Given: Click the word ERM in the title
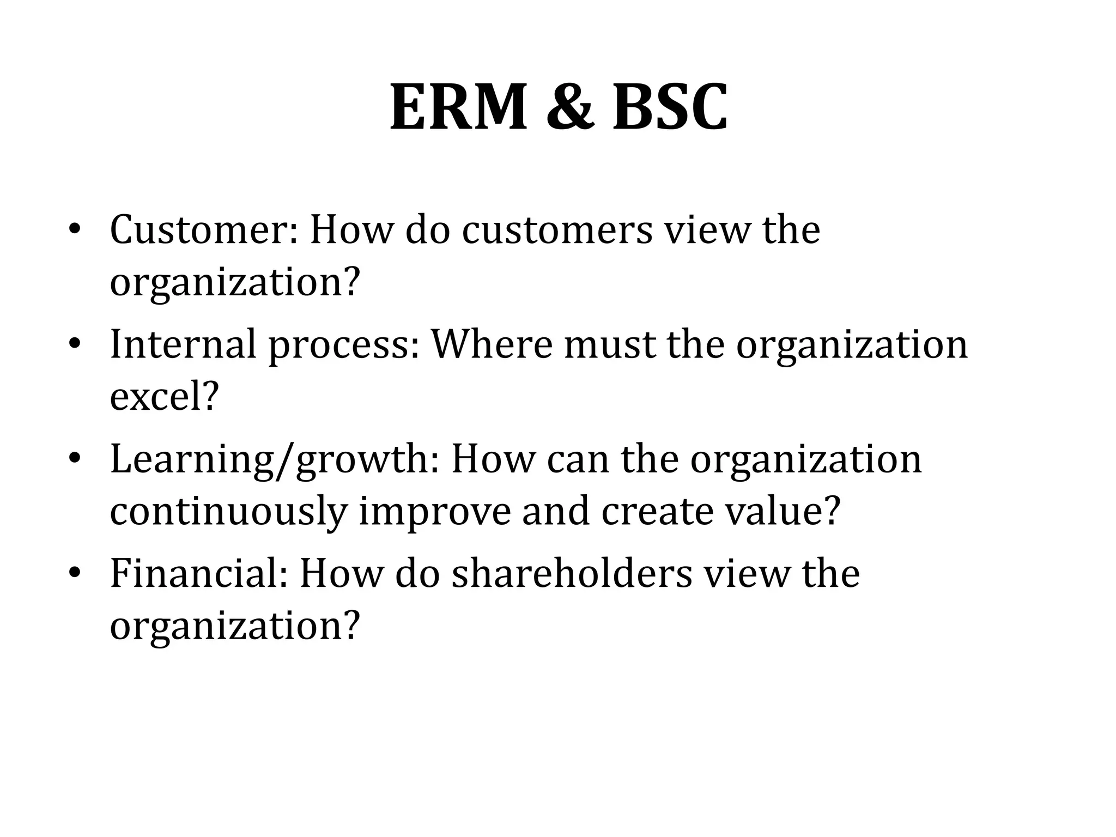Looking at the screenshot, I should [458, 107].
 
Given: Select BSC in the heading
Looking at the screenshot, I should [670, 107].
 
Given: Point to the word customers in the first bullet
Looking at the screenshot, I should [557, 230].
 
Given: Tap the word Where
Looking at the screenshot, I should [492, 345].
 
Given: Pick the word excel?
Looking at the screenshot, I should [164, 397].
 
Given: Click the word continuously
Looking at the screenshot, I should [228, 512].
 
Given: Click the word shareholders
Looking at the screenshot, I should [572, 574].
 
